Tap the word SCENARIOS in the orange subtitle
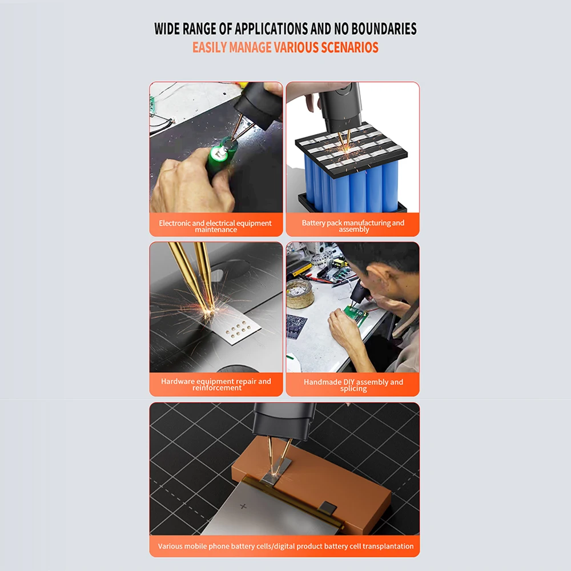point(349,48)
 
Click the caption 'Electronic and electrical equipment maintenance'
point(216,226)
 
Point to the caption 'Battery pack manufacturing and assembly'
point(353,226)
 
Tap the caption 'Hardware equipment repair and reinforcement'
point(216,384)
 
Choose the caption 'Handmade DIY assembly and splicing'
point(353,385)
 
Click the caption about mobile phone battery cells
point(285,546)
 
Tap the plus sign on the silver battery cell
point(243,506)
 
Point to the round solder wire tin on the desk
point(300,293)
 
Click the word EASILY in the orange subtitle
point(210,48)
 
